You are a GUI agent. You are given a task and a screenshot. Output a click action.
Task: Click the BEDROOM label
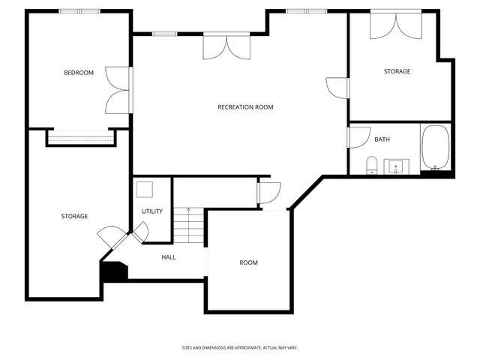(79, 73)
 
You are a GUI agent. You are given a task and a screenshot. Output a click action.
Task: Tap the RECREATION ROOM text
(245, 107)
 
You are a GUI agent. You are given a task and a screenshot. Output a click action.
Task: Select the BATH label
(382, 139)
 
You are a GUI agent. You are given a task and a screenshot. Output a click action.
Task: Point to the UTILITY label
(152, 211)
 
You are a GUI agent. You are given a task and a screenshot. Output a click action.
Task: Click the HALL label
(169, 257)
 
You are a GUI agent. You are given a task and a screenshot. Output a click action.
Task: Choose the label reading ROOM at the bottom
(248, 262)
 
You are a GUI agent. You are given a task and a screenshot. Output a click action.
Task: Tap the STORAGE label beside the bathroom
(397, 71)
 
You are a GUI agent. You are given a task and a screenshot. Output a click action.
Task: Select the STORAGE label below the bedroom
(74, 216)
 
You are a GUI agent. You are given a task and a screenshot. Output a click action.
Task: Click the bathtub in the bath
(435, 148)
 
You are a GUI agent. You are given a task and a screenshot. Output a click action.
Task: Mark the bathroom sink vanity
(396, 166)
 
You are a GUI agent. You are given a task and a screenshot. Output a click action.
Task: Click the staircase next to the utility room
(189, 225)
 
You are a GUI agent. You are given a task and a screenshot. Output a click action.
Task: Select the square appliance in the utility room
(144, 189)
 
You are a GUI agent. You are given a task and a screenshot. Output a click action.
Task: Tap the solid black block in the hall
(114, 271)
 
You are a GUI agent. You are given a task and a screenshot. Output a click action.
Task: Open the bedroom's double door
(118, 90)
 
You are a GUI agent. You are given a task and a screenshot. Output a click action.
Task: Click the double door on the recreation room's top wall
(225, 46)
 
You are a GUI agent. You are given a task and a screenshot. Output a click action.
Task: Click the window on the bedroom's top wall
(80, 11)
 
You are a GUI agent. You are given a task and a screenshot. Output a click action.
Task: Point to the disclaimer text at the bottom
(240, 347)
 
